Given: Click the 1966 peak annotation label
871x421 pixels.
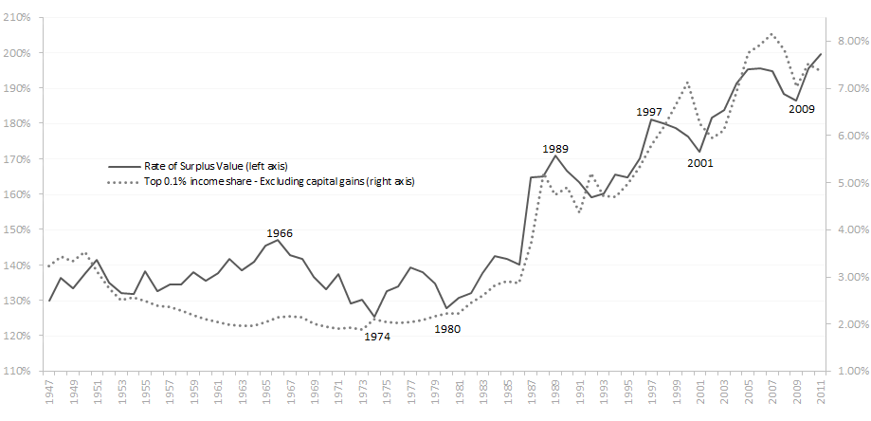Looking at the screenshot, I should coord(279,232).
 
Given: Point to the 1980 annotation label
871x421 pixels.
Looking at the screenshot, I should coord(448,330).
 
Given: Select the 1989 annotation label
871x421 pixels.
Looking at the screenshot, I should coord(555,149).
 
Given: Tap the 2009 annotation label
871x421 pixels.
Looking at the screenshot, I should coord(801,109).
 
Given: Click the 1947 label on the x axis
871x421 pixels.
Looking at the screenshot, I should coord(49,394).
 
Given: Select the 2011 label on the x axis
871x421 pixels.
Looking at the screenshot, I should coord(821,394).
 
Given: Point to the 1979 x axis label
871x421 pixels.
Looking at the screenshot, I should coord(435,394).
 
